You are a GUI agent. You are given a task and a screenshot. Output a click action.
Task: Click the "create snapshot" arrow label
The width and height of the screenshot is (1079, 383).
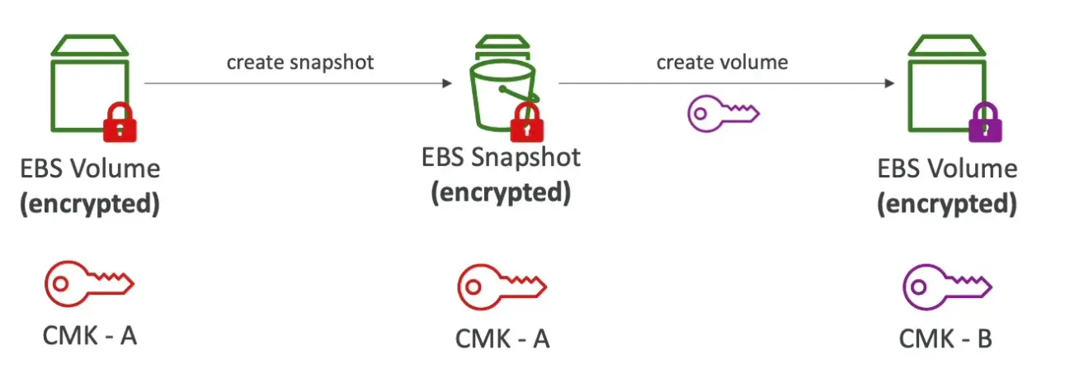point(300,63)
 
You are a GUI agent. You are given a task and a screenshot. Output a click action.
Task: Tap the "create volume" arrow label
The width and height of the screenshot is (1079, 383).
point(722,62)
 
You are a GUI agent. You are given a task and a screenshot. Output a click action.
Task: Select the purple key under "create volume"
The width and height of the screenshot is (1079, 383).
point(723,113)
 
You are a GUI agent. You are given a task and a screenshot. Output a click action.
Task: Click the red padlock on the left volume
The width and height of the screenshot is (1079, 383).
point(120,124)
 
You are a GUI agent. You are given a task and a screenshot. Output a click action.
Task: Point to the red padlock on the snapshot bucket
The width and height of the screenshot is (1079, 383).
point(525,125)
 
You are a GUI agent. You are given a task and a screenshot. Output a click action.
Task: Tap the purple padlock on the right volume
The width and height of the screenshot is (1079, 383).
point(984,125)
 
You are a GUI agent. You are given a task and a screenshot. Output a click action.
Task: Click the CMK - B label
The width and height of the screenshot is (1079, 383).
point(945,338)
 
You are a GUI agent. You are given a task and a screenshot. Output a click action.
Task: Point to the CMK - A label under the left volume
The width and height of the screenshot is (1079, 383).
point(89,336)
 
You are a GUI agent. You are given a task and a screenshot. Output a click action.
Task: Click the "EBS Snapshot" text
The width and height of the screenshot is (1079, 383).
point(501,156)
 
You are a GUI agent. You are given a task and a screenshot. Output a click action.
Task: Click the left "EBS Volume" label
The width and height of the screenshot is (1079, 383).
point(90,168)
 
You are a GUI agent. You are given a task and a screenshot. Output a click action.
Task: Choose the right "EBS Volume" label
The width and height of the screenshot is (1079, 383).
point(947,168)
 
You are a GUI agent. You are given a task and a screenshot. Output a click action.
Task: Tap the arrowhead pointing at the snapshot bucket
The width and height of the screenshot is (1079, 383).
point(447,83)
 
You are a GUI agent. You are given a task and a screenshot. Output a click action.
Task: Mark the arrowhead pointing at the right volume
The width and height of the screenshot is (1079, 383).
point(889,83)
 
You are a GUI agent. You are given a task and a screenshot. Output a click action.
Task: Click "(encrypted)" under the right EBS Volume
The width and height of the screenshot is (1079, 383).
point(946,203)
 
